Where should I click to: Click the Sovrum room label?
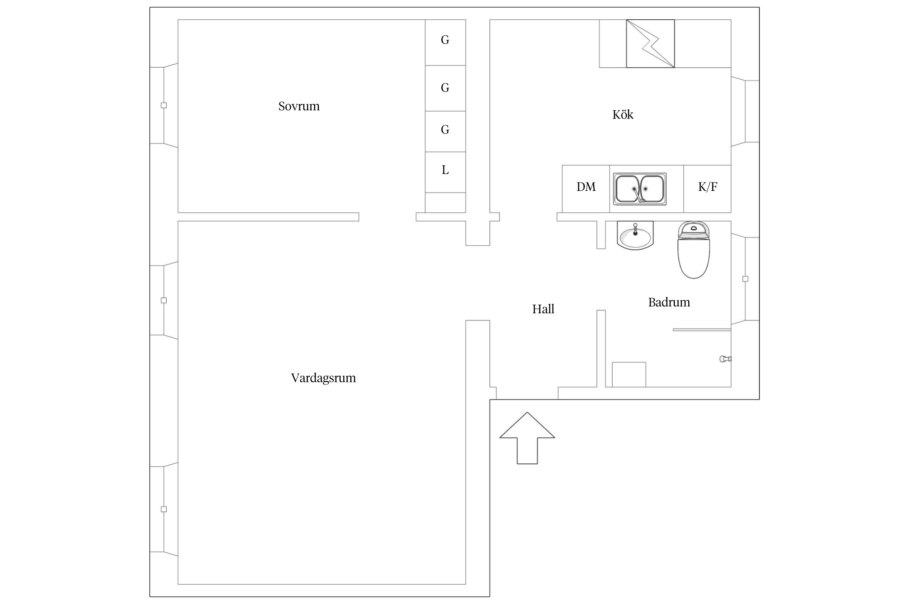[299, 106]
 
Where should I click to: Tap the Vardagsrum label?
[323, 378]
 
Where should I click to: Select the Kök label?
[623, 115]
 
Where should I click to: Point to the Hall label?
[543, 309]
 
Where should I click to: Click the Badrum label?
[669, 302]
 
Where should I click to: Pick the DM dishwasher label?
[586, 187]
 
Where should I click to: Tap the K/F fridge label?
[707, 187]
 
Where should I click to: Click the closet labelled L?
[445, 172]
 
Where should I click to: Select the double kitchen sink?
[640, 189]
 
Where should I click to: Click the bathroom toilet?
[694, 250]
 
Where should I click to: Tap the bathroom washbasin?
[635, 235]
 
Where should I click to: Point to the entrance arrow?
[527, 438]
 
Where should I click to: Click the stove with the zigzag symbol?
[650, 43]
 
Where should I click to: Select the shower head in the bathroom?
[726, 359]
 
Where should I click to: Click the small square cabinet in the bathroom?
[629, 375]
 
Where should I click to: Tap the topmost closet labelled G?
[445, 42]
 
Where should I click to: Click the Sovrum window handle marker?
[164, 105]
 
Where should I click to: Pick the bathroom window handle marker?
[745, 279]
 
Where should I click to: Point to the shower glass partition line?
[702, 330]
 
